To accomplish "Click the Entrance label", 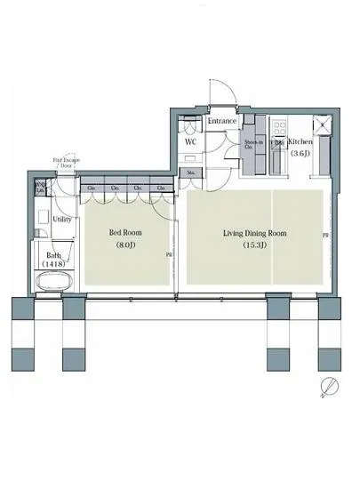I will click(221, 121).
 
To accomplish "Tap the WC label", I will click(190, 141).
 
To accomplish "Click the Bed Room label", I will click(125, 233).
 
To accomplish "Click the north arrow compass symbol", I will click(330, 386).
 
